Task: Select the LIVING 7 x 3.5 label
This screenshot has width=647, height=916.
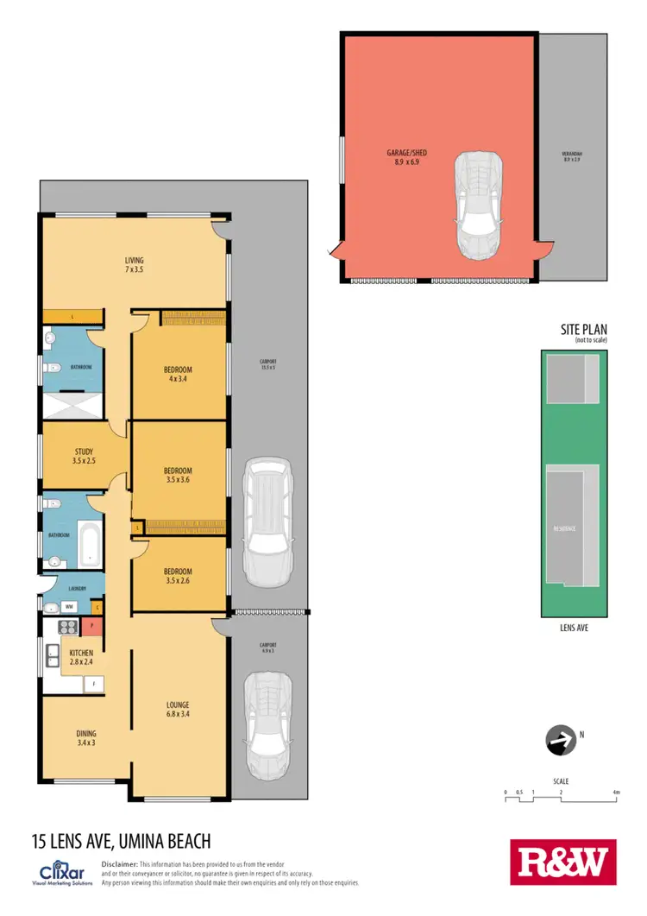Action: pyautogui.click(x=134, y=265)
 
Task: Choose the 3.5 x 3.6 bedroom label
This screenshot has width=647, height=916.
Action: pyautogui.click(x=178, y=475)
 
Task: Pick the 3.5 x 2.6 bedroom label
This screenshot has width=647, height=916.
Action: pyautogui.click(x=178, y=576)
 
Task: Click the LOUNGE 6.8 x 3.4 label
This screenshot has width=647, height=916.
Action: pyautogui.click(x=178, y=710)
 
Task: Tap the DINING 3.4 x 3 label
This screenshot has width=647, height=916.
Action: pyautogui.click(x=85, y=738)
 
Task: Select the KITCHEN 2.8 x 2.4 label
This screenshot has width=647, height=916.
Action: pyautogui.click(x=81, y=657)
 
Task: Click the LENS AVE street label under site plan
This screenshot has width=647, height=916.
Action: pyautogui.click(x=574, y=629)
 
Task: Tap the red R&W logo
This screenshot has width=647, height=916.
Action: pyautogui.click(x=563, y=862)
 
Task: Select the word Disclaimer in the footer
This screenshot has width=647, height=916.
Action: pyautogui.click(x=120, y=864)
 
